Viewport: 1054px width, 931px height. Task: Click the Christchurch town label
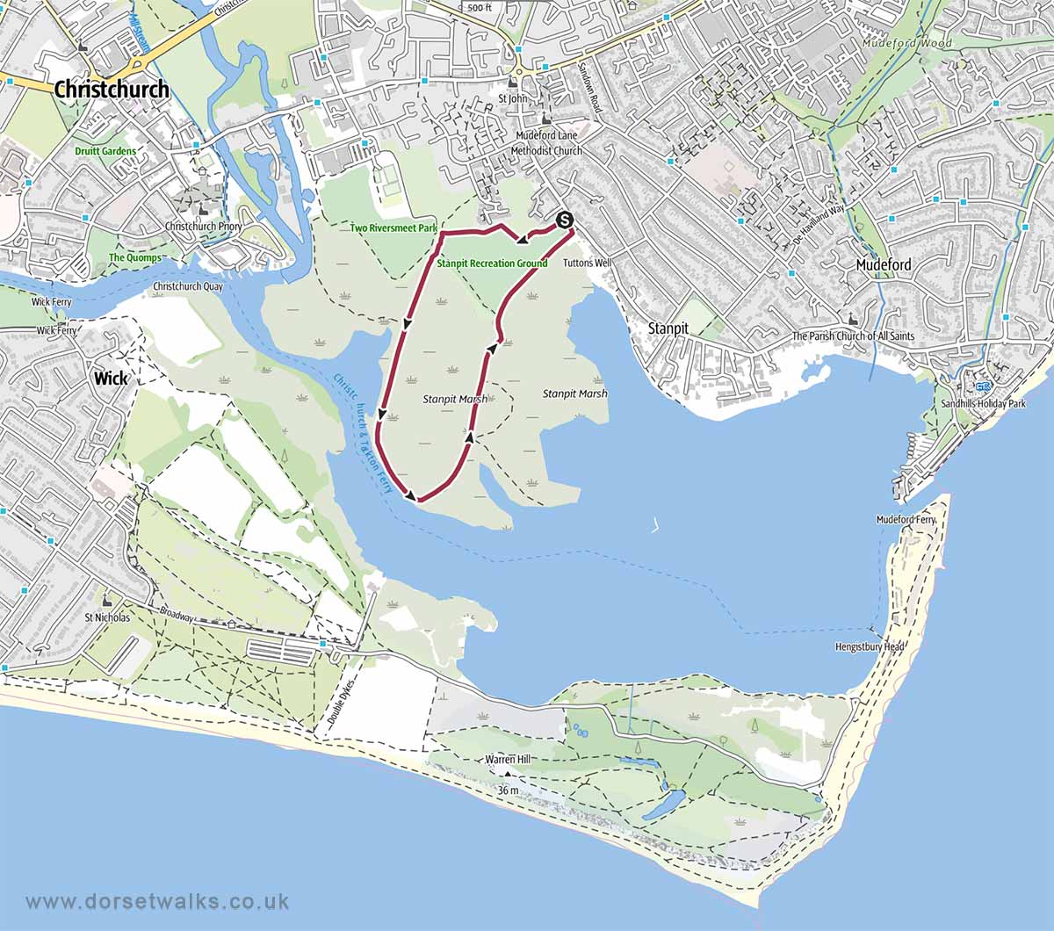pos(112,90)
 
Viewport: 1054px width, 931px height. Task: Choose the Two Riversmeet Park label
pos(393,228)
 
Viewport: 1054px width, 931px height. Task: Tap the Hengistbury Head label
pos(870,647)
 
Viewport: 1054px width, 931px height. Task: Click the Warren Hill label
pos(506,759)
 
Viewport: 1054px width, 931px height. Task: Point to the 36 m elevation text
pos(508,790)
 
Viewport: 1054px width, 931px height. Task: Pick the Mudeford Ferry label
pos(906,520)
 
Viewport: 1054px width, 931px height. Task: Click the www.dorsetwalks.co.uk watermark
pos(158,901)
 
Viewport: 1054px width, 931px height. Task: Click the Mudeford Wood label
pos(894,42)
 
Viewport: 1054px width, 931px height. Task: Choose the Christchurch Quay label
pos(188,286)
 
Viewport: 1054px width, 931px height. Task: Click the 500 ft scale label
pos(480,8)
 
